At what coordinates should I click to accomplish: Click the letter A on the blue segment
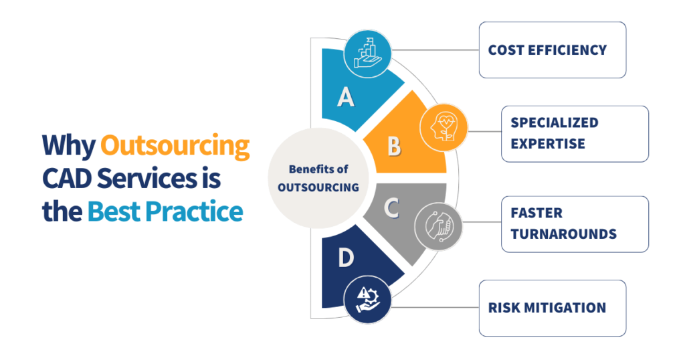click(346, 97)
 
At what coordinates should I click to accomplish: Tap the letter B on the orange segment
click(394, 146)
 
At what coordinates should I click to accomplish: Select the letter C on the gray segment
click(391, 208)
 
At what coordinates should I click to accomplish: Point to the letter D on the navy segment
click(346, 258)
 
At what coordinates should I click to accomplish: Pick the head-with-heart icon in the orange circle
click(443, 127)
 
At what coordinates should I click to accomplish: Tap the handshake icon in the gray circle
click(439, 226)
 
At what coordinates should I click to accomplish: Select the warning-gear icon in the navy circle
click(368, 300)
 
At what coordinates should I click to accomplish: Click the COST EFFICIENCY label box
click(553, 50)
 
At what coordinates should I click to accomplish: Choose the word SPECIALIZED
click(555, 122)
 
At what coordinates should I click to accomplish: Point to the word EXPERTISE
click(548, 144)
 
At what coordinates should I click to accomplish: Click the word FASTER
click(536, 213)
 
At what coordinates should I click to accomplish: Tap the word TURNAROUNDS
click(563, 234)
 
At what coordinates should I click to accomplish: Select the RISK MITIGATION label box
click(553, 308)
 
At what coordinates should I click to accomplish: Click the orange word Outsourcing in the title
click(175, 146)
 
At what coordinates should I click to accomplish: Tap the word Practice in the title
click(194, 211)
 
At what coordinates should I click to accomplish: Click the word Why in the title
click(69, 146)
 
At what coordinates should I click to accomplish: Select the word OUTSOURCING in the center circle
click(318, 187)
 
